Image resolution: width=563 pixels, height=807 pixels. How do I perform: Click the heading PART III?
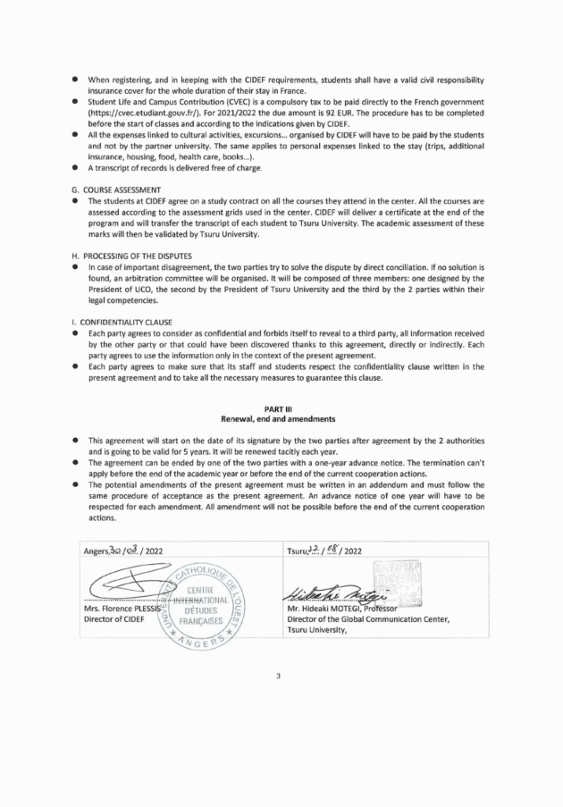tap(281, 408)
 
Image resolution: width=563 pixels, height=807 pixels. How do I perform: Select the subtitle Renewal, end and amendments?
tap(281, 418)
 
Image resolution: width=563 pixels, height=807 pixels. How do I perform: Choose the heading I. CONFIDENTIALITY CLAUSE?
tap(129, 321)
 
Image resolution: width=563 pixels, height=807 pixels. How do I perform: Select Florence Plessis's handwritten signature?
tap(130, 582)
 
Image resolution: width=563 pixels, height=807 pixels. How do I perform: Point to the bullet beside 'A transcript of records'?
tap(77, 170)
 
